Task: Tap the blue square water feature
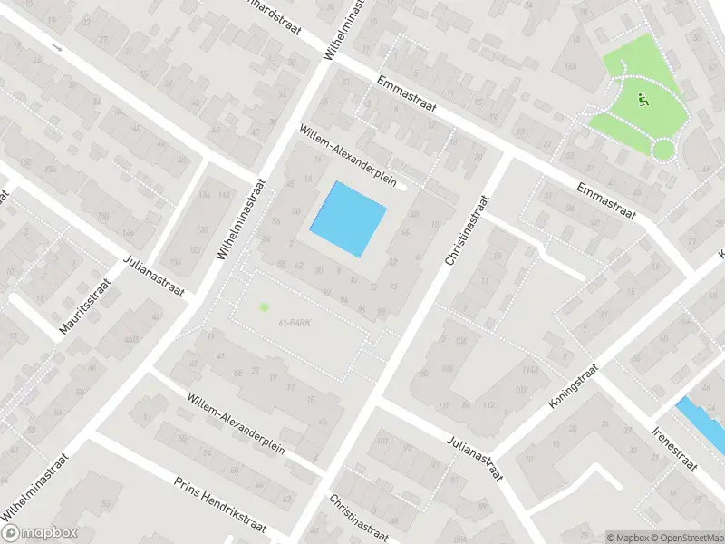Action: (349, 219)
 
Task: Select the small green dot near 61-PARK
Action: (265, 307)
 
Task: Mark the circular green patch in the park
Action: (664, 150)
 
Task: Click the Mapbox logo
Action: (41, 533)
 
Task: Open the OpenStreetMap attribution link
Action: (686, 538)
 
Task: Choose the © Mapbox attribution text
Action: (627, 538)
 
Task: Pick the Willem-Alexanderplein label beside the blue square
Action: (350, 155)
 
